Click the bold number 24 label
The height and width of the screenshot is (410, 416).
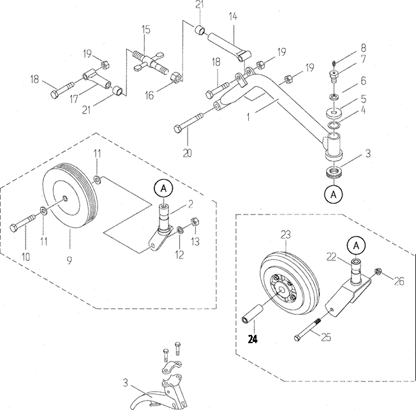tap(253, 339)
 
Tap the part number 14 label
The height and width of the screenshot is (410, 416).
tap(233, 17)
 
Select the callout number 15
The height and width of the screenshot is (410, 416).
tap(146, 29)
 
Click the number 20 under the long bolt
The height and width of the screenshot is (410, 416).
tap(188, 153)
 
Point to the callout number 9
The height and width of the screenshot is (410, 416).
tap(70, 260)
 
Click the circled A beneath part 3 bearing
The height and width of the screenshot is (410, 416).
tap(334, 195)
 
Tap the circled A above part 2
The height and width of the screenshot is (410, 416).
tap(163, 188)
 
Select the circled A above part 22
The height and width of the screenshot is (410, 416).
tap(356, 246)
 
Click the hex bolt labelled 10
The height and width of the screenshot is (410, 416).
tap(23, 223)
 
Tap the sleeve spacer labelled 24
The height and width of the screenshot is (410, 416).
tap(253, 313)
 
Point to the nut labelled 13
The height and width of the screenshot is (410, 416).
tap(195, 222)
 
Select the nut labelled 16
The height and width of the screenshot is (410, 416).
tap(177, 77)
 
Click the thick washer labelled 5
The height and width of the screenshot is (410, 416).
tap(334, 113)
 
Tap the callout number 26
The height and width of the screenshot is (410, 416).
tap(399, 281)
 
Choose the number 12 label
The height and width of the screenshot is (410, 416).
tap(179, 255)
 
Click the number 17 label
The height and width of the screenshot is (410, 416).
tap(74, 99)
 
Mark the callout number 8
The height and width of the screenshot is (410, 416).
tap(363, 48)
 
